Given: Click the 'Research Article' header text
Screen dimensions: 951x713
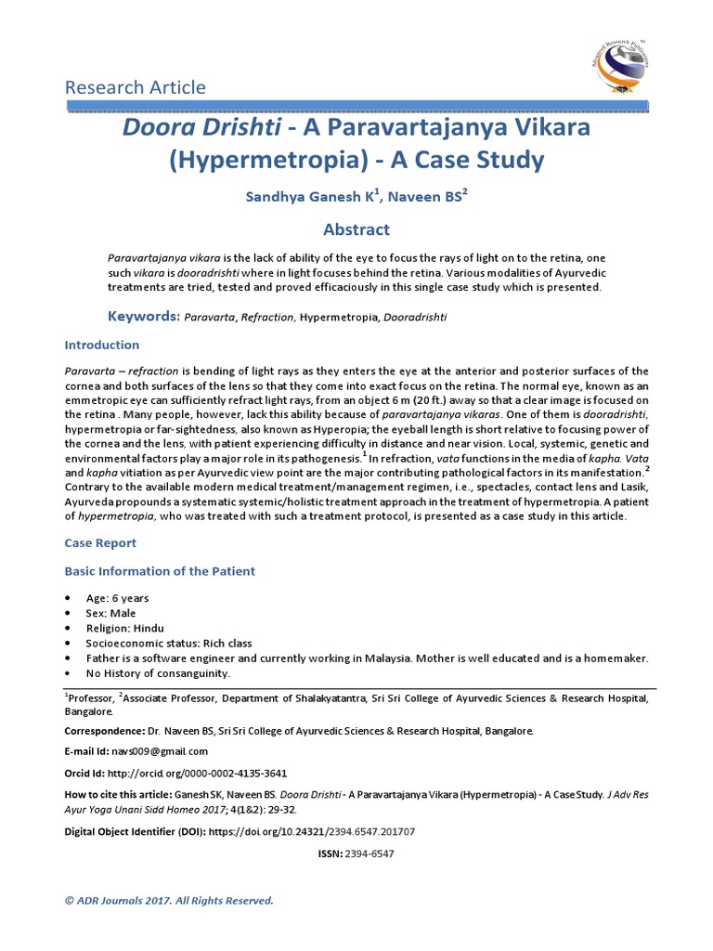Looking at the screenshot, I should tap(136, 87).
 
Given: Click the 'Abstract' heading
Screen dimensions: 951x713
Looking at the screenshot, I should tap(356, 229).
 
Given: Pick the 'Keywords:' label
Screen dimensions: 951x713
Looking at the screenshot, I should tap(144, 317).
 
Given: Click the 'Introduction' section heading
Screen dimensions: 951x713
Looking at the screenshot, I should tap(102, 345).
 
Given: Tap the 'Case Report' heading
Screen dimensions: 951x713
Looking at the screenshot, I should tap(100, 542).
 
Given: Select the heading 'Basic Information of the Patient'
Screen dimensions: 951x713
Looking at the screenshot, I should tap(160, 571).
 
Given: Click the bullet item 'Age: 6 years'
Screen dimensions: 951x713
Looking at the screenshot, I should tap(117, 598).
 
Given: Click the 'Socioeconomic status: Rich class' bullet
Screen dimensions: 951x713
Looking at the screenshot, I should tap(168, 643).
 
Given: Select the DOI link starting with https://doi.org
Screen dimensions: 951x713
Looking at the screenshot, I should tap(312, 831).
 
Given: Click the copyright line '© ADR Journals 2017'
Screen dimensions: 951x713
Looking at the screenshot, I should tap(169, 900).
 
